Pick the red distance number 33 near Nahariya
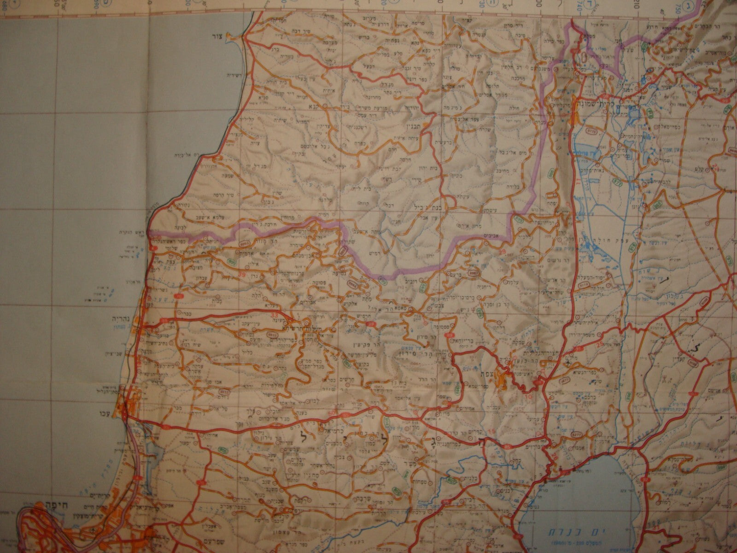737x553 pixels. (275, 315)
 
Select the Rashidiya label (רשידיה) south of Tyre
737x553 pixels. (235, 75)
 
